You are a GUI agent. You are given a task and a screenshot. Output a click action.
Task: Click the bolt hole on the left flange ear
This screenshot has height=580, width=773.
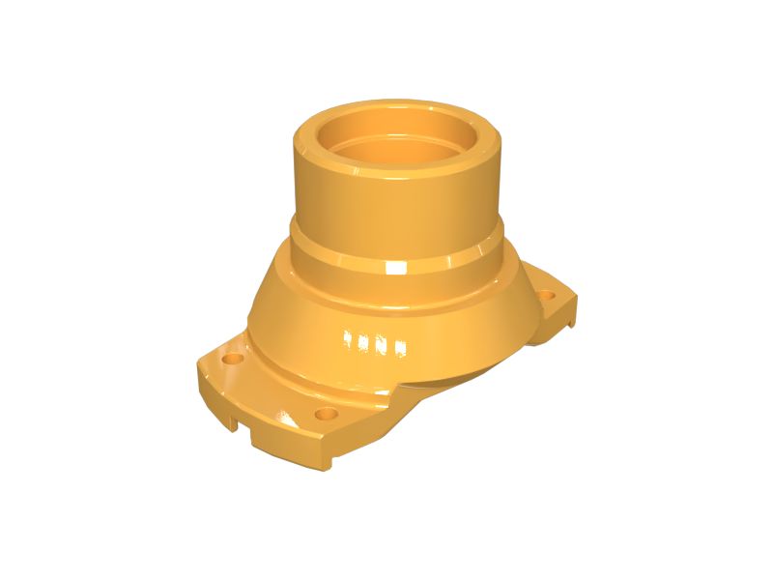point(231,358)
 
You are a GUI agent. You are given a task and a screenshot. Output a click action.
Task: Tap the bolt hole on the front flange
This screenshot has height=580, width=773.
point(327,414)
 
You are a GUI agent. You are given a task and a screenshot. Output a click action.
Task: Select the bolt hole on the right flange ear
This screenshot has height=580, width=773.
point(547,296)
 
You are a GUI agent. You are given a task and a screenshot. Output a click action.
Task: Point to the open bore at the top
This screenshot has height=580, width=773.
point(397,145)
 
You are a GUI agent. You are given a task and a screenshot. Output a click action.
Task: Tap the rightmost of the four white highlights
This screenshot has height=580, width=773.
point(398,346)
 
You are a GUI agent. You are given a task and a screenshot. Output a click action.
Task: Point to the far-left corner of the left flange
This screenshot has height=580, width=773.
point(198,365)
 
